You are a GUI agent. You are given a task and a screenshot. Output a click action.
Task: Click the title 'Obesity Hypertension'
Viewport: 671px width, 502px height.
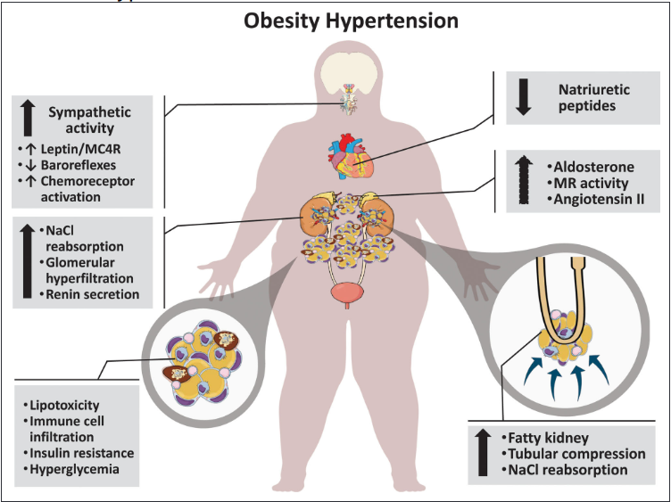(x=351, y=21)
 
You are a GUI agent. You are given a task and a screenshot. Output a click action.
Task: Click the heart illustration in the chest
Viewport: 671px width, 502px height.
(x=351, y=157)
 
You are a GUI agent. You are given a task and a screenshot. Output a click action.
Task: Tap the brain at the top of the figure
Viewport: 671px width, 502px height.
(x=349, y=72)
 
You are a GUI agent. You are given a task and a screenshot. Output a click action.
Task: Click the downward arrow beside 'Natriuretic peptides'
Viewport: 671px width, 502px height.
(x=523, y=97)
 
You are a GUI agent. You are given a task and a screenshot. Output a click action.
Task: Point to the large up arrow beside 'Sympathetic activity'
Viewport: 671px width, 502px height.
(x=28, y=118)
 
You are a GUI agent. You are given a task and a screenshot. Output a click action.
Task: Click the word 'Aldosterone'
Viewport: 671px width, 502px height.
(x=594, y=167)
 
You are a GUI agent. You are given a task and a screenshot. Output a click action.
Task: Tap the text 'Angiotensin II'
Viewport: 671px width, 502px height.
(x=599, y=199)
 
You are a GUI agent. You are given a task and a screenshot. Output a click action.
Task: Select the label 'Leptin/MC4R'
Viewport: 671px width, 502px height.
(x=80, y=149)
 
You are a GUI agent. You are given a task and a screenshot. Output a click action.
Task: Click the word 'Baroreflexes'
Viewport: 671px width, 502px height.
(x=79, y=165)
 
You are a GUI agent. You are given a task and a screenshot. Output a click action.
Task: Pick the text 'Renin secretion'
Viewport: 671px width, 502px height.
(x=93, y=294)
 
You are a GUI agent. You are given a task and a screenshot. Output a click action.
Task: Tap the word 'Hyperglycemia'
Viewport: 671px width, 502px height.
(x=74, y=469)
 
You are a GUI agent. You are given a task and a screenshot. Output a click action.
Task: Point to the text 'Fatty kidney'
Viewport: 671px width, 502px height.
(x=548, y=438)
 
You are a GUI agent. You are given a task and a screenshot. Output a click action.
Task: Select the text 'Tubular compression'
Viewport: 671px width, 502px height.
(x=576, y=454)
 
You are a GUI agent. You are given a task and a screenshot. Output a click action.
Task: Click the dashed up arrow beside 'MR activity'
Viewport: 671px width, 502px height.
(x=524, y=179)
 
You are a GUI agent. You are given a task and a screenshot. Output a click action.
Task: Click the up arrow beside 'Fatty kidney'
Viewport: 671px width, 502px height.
(x=483, y=452)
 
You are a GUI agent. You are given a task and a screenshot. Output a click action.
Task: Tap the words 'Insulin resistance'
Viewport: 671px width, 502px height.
(x=82, y=453)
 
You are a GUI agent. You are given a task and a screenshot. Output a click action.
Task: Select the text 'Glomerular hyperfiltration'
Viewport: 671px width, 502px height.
(x=89, y=270)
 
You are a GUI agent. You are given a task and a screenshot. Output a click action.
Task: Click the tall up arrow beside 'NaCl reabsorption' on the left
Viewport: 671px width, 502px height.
(x=28, y=261)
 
